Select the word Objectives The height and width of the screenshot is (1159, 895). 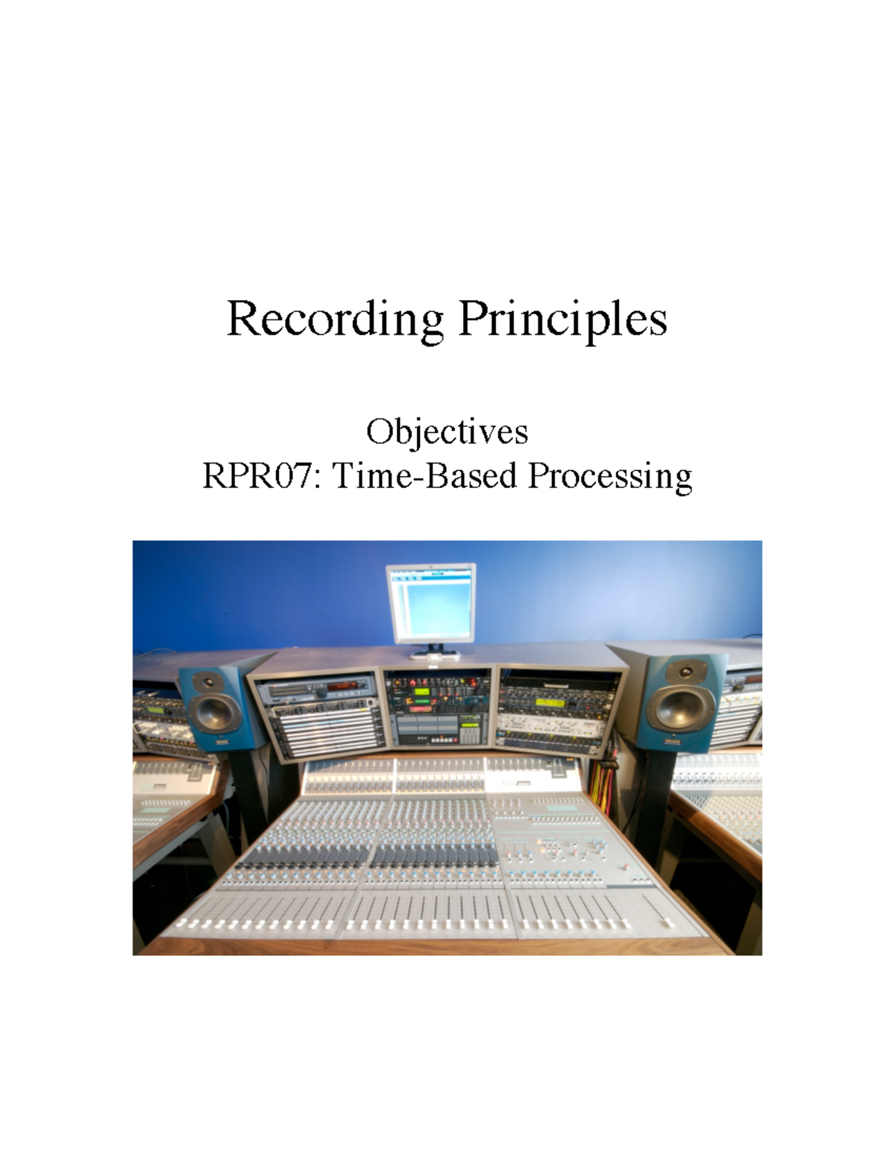click(447, 431)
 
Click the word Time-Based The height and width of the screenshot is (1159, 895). click(424, 475)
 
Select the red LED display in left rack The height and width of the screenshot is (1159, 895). click(344, 686)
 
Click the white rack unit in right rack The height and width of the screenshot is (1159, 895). click(550, 722)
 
